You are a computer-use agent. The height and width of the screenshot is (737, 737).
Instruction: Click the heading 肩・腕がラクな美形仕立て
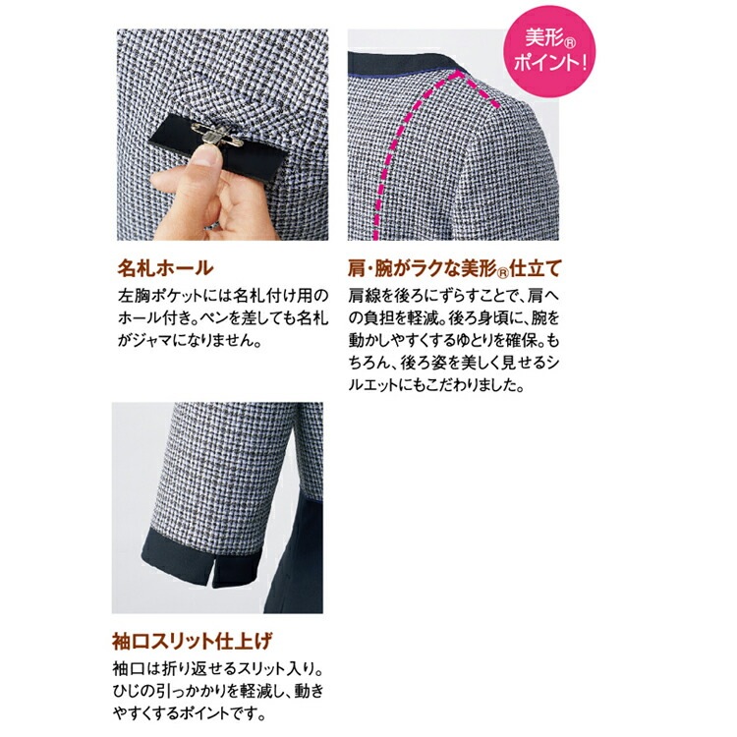461,267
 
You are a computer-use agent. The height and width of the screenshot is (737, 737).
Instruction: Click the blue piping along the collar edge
393,66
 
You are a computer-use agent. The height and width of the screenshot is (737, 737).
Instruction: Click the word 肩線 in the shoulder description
364,294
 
